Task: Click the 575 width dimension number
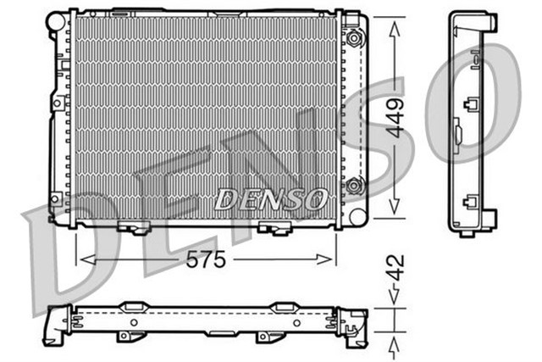point(206,260)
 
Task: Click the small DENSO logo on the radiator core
point(270,200)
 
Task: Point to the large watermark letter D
point(64,246)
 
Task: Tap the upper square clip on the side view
point(471,106)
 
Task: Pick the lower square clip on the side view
point(471,203)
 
